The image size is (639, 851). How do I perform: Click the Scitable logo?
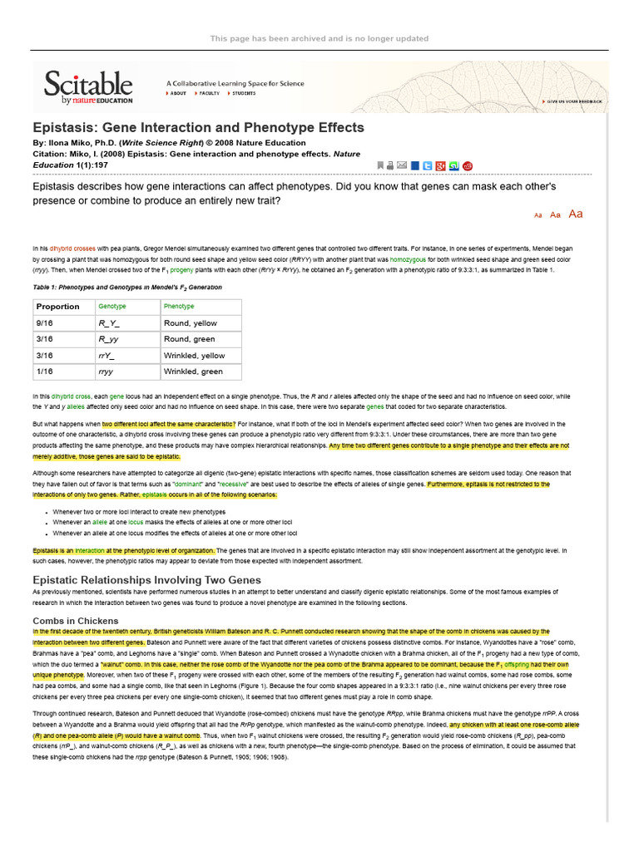87,86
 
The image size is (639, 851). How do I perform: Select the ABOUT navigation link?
178,94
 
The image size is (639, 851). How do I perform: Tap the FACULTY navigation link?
208,94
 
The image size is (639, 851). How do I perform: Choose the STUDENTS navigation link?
243,94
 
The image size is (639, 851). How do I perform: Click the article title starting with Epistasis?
198,127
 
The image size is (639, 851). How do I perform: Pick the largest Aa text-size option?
575,214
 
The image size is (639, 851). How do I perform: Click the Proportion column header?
57,307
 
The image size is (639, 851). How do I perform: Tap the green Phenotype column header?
179,307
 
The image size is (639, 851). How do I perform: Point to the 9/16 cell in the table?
44,322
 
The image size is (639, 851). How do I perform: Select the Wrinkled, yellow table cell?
194,355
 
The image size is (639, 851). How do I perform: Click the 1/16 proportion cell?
44,371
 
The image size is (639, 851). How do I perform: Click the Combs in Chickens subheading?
75,621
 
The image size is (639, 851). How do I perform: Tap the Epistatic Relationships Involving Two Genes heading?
146,578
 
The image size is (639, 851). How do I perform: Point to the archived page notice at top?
319,38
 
